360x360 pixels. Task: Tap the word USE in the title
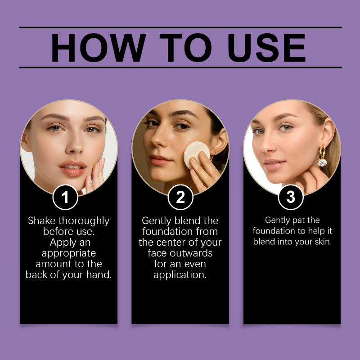point(266,48)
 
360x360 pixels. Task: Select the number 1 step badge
point(65,197)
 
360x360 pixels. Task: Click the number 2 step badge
point(180,197)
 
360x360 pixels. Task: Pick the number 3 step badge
point(291,197)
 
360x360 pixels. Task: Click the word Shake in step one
point(41,220)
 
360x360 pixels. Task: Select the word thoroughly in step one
point(84,221)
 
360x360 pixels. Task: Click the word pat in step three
point(299,220)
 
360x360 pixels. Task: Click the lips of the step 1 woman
point(73,168)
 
